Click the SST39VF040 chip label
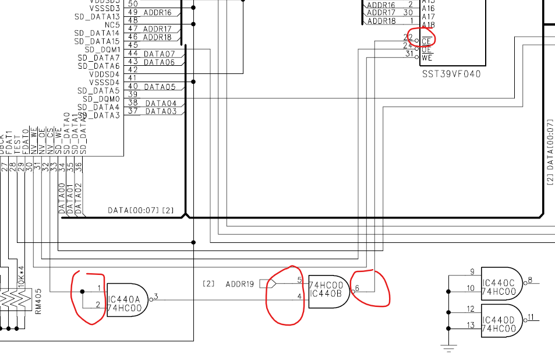451,75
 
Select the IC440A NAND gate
125,299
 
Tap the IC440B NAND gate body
328,291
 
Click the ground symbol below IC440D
448,349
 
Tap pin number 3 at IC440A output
156,297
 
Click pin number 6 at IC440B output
357,288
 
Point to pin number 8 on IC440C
530,280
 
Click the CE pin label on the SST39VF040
427,41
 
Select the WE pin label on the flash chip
427,58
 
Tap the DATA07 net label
159,54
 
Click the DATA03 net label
161,111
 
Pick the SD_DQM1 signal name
102,50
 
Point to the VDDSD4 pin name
104,75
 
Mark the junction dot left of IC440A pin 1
82,291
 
